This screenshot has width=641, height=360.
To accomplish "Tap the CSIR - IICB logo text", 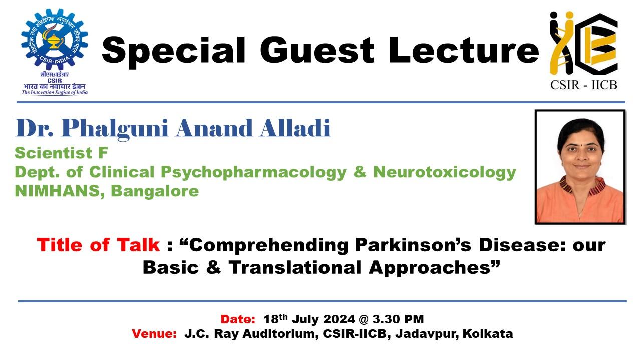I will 583,84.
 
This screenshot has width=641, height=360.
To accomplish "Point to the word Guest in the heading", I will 317,50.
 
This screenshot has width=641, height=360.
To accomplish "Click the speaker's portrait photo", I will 580,167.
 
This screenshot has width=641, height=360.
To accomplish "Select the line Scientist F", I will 61,153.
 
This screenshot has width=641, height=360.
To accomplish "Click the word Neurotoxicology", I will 445,172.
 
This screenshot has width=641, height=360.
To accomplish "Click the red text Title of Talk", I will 98,245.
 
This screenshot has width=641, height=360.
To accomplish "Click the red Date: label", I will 238,319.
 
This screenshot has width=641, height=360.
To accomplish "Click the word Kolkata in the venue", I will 488,334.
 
